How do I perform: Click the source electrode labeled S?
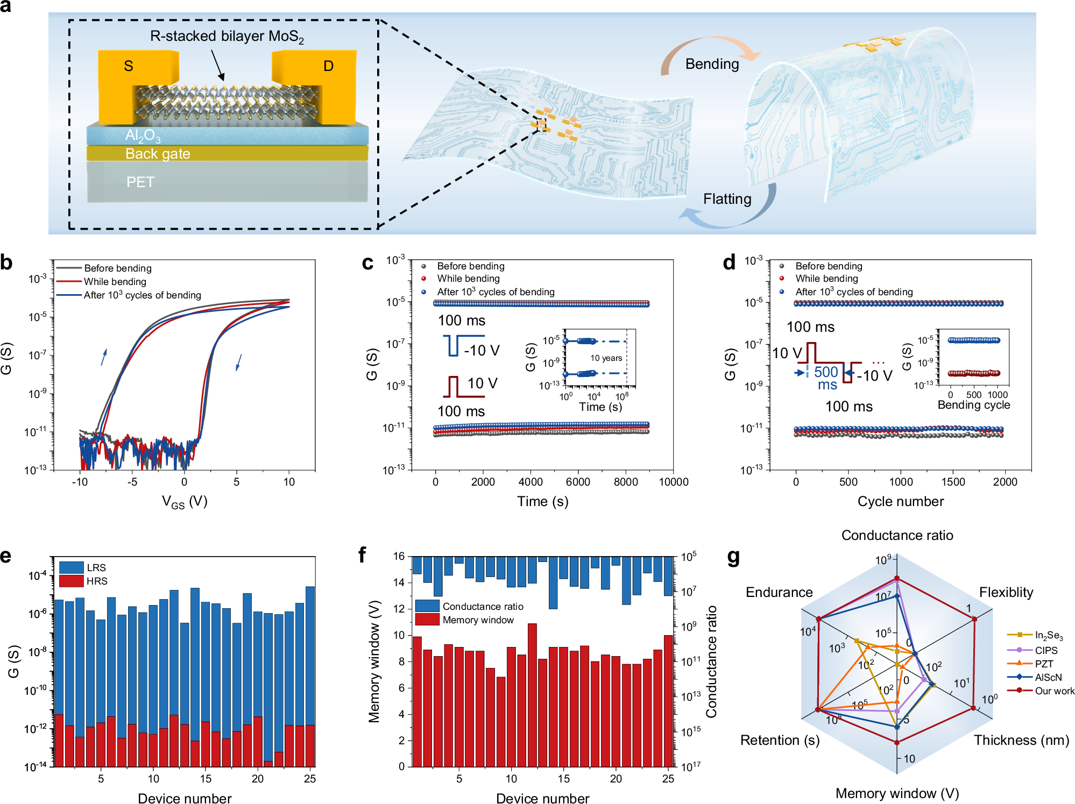pos(128,66)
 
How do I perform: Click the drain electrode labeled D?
pos(328,66)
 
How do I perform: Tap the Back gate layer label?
pos(158,154)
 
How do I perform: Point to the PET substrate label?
pos(140,182)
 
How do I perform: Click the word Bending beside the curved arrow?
pos(712,64)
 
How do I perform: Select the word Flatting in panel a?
pos(727,199)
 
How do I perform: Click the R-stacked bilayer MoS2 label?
pos(227,37)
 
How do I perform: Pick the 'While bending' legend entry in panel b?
pos(115,282)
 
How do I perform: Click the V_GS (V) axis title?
pos(185,502)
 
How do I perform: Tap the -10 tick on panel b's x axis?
pos(80,482)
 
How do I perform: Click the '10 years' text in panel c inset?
pos(606,358)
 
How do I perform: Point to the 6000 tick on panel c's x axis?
pos(578,482)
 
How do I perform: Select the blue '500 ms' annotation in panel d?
pos(826,378)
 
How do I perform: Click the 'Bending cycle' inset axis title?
pos(973,405)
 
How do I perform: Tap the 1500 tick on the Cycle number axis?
pos(953,482)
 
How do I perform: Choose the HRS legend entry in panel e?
pos(97,581)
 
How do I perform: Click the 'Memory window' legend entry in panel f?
pos(478,620)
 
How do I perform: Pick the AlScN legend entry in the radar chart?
pos(1048,678)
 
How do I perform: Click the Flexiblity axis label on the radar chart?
pos(1006,593)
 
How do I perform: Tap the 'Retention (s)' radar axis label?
pos(780,741)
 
